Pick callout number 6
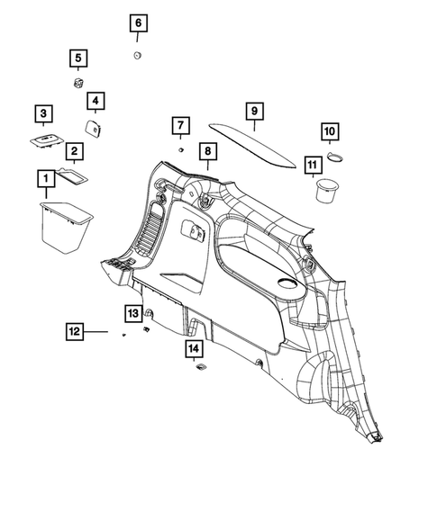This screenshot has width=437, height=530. [138, 22]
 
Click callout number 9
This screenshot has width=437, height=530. [254, 112]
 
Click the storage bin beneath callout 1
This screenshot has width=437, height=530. [67, 228]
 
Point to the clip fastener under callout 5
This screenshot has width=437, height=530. [78, 84]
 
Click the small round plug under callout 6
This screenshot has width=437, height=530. [137, 57]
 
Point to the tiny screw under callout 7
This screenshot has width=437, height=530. [180, 146]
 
